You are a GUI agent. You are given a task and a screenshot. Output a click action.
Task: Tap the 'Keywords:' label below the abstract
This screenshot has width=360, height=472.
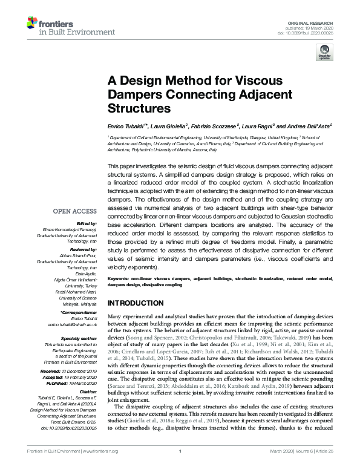[x=120, y=278]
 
